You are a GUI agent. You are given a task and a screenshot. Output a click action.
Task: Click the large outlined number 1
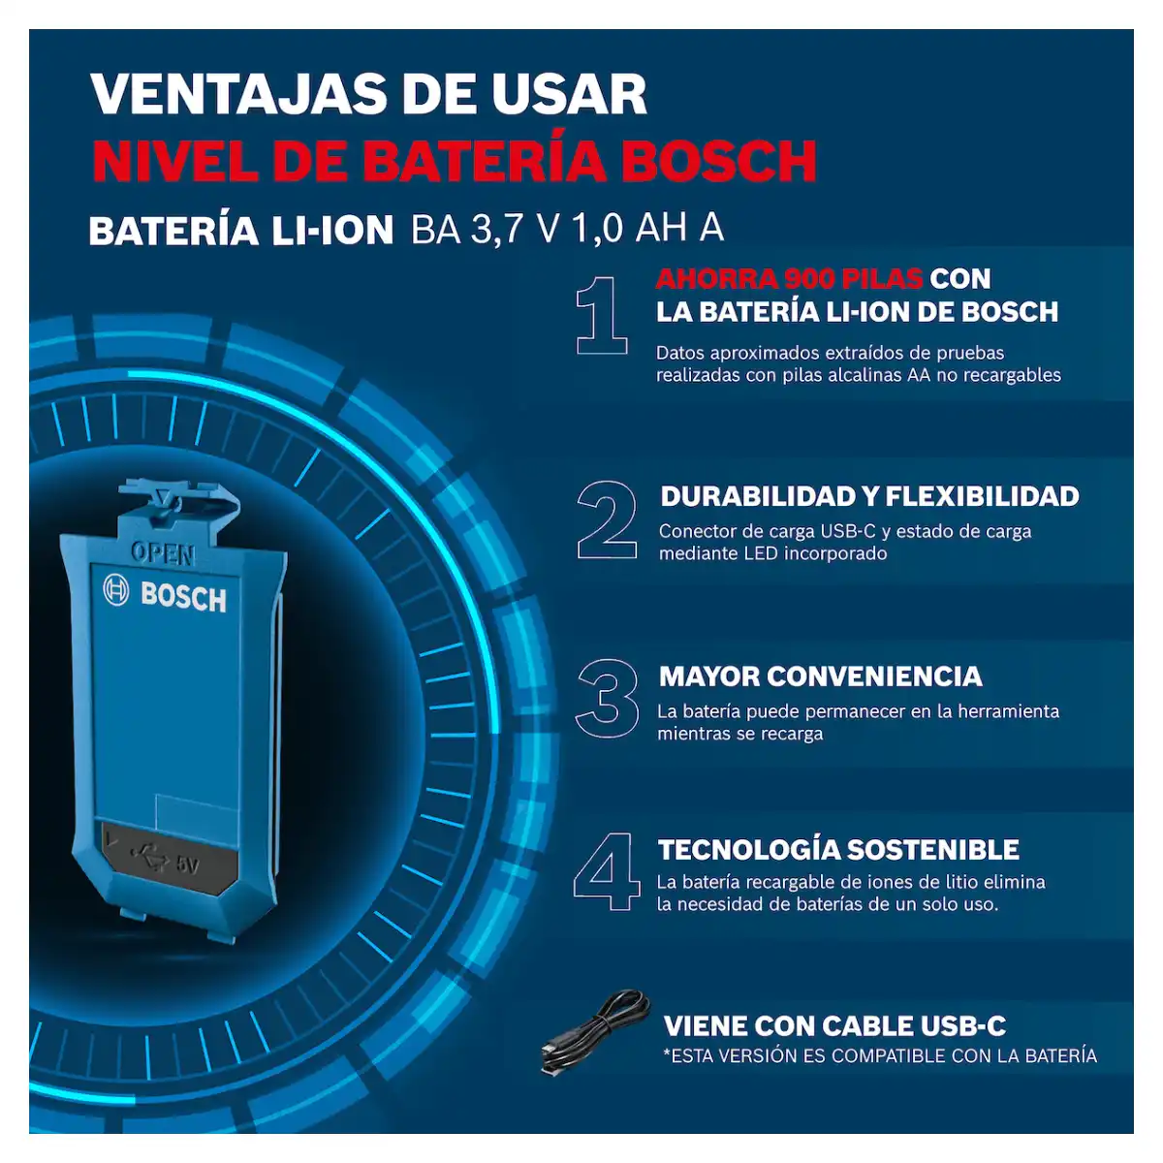click(601, 315)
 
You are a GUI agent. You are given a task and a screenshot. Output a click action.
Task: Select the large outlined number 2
click(607, 519)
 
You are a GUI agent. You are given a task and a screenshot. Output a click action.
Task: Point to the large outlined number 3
click(607, 698)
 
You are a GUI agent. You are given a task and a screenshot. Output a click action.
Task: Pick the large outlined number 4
click(607, 871)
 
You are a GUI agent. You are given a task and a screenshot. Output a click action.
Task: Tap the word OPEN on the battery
click(163, 553)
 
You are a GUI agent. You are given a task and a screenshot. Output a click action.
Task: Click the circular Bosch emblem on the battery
click(116, 589)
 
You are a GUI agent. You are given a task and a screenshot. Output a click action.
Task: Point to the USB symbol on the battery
click(149, 858)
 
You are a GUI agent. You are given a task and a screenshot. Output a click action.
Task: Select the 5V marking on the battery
click(187, 865)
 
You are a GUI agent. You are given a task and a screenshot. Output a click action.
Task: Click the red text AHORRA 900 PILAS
click(789, 278)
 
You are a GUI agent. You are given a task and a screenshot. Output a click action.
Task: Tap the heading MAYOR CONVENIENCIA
click(820, 676)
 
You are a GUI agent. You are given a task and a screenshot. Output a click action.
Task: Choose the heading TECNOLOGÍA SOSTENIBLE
click(838, 849)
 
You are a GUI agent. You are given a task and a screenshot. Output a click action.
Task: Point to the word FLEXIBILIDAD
click(982, 496)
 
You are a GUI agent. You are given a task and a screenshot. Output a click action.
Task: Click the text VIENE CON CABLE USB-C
click(834, 1025)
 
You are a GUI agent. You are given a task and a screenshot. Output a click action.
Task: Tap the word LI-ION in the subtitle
click(332, 231)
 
